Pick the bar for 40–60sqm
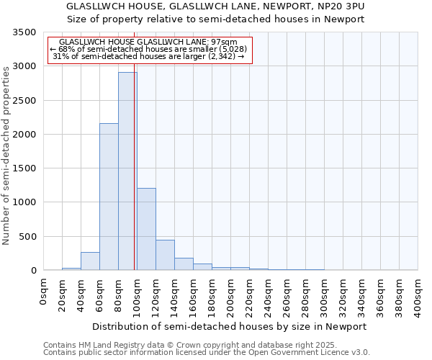click(x=90, y=261)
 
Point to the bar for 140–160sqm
click(x=184, y=264)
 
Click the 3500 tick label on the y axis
click(x=24, y=33)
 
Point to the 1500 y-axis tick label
click(x=24, y=168)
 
